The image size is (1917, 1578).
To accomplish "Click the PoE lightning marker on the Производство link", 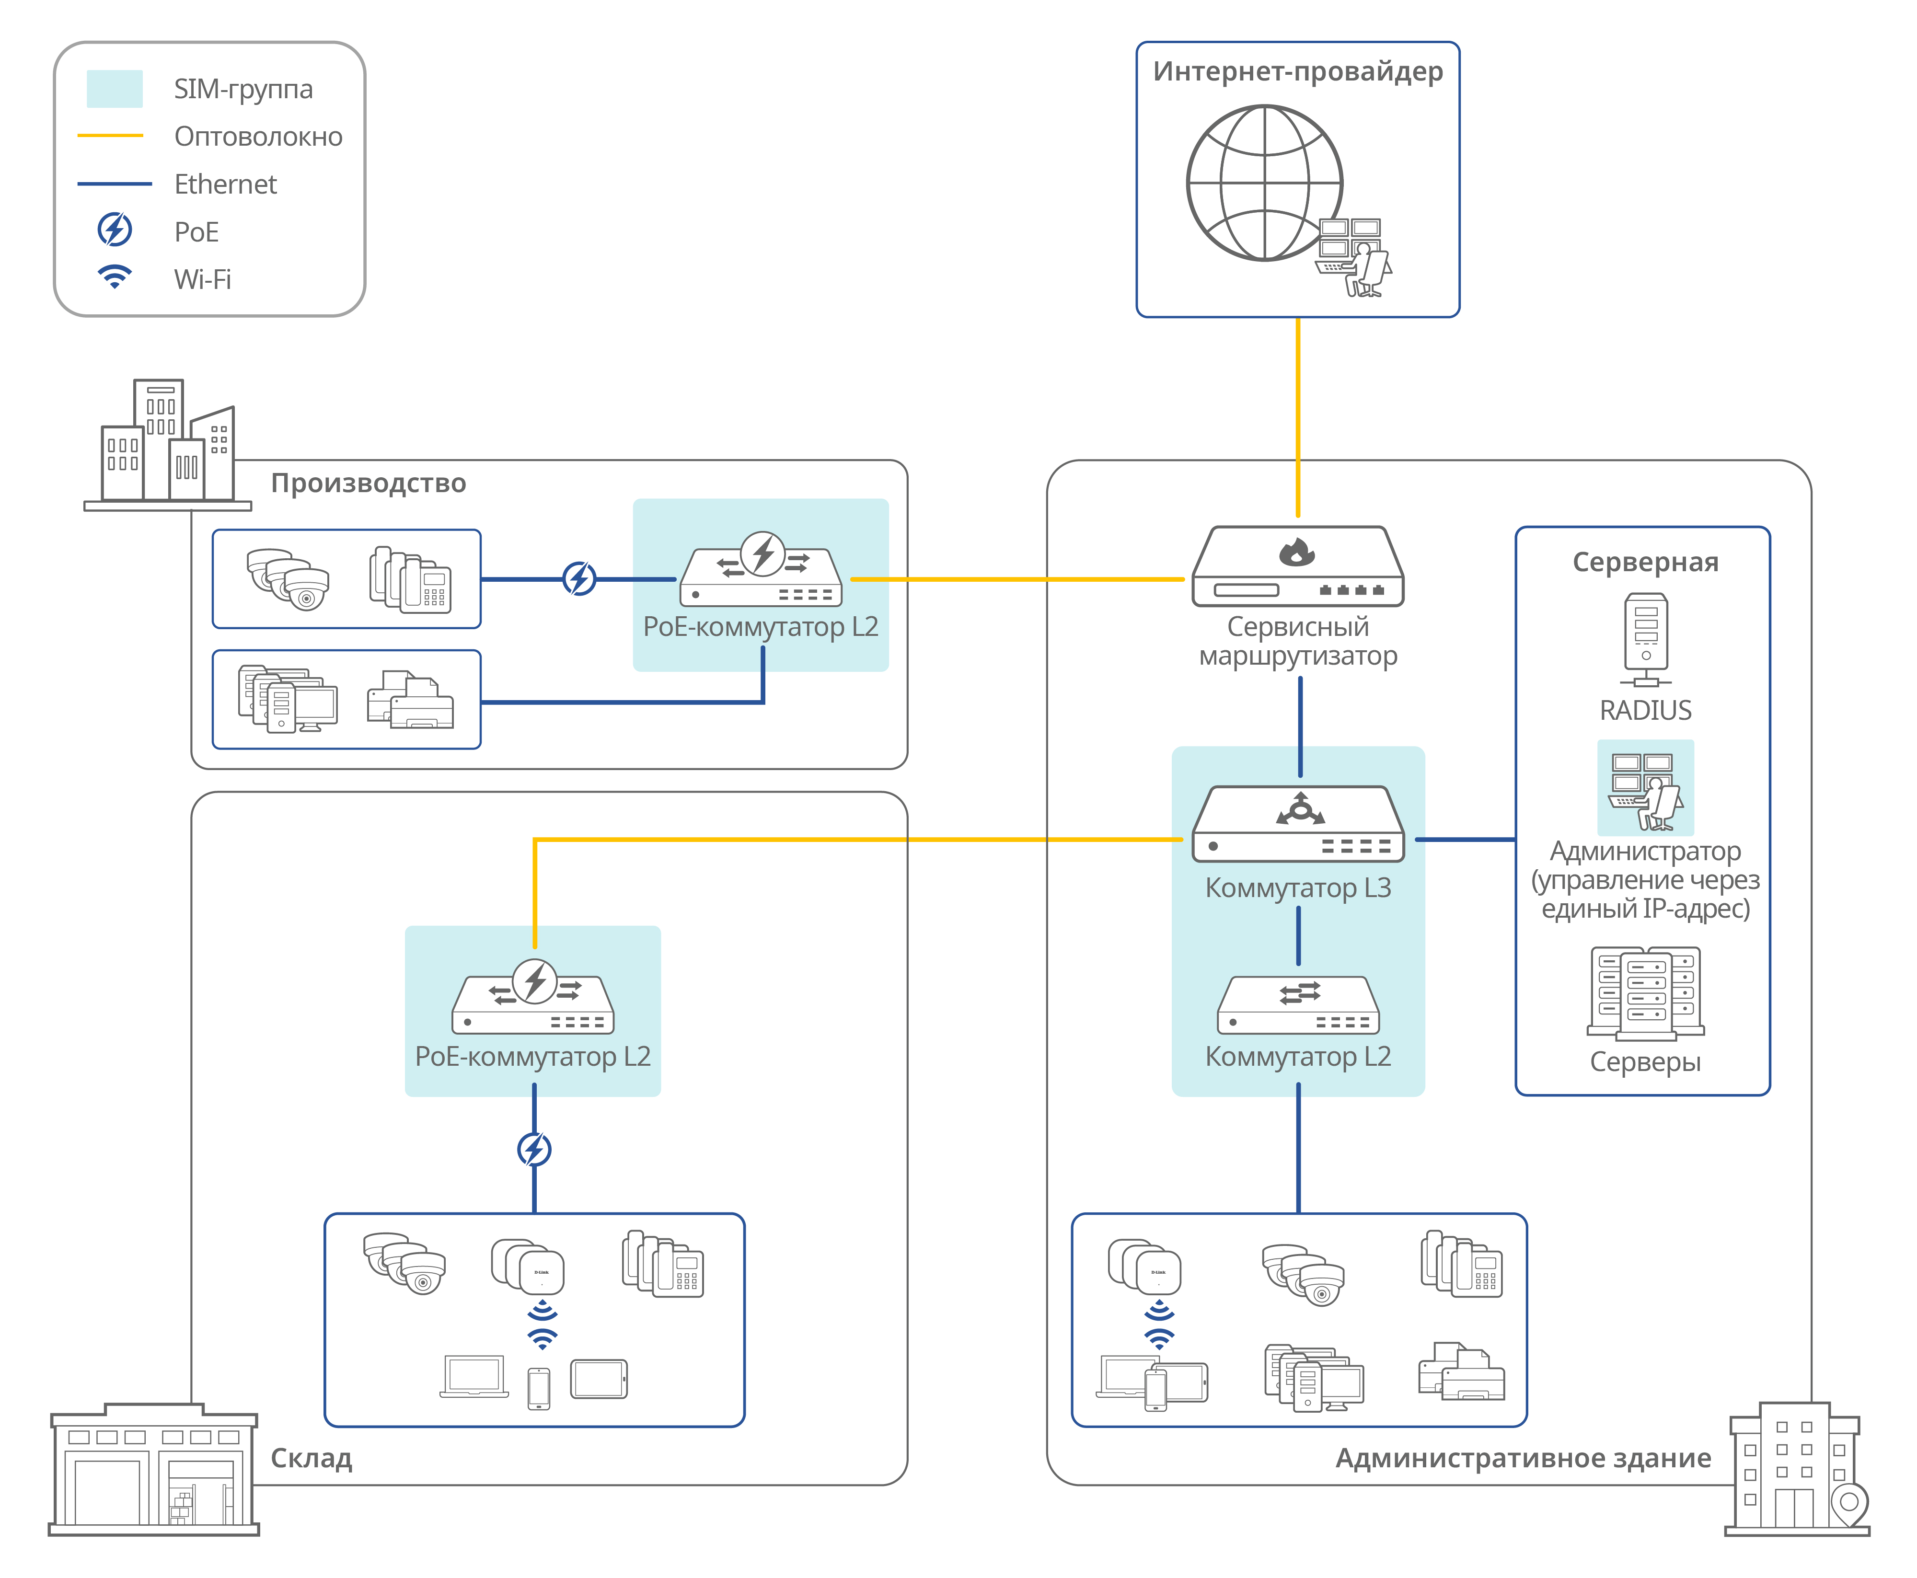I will point(579,578).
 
